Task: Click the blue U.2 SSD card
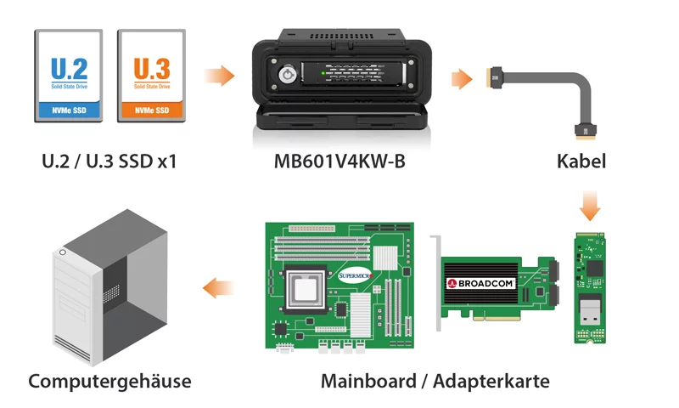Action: point(69,76)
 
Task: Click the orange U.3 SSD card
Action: point(152,76)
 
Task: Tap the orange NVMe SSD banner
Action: point(152,110)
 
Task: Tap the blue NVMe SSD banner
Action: point(69,110)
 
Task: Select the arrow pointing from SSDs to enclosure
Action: point(220,76)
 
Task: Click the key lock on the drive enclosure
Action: point(287,75)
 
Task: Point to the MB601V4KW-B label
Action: point(339,161)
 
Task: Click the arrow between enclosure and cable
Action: point(462,79)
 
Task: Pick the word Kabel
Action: point(581,161)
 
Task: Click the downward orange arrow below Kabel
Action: point(590,206)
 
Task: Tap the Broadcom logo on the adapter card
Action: point(480,284)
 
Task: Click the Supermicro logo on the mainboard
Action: point(355,275)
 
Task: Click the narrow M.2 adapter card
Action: point(590,288)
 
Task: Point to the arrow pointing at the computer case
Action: point(218,288)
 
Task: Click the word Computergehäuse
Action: point(109,382)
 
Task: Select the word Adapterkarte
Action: point(491,382)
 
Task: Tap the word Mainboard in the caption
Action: point(368,382)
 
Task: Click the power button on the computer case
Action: point(63,252)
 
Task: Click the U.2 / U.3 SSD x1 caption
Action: point(109,161)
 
